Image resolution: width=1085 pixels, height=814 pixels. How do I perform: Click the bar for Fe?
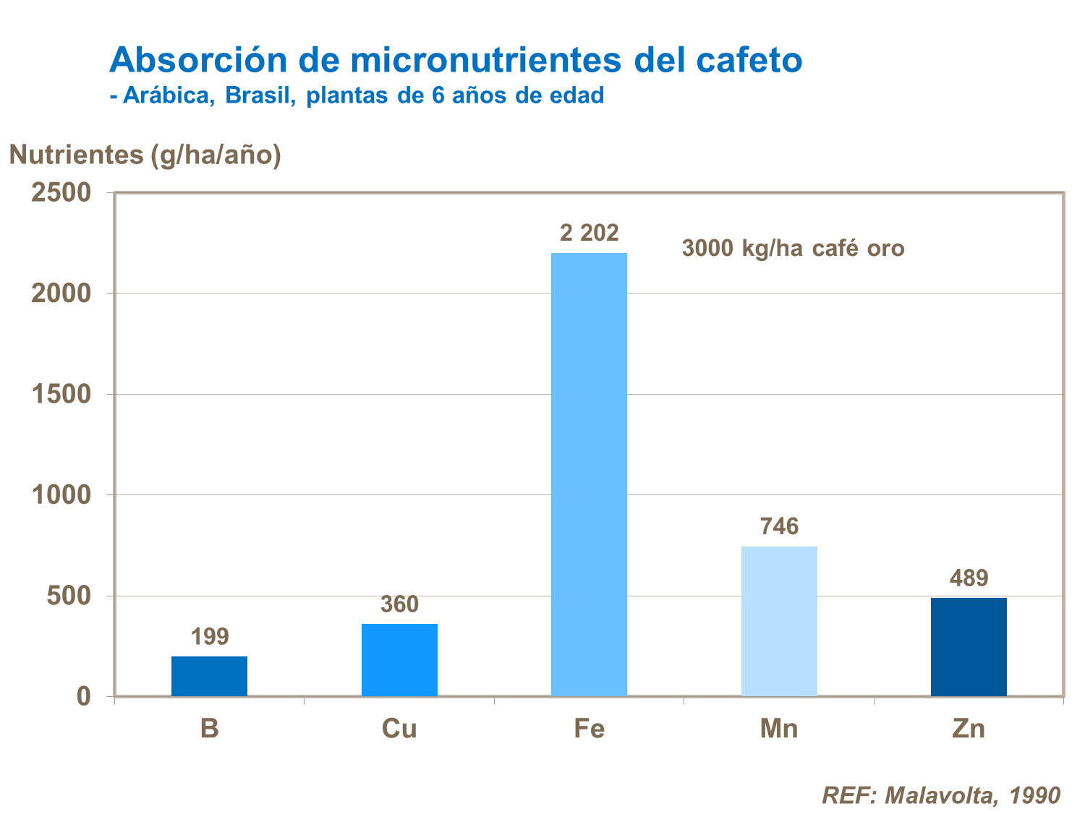tap(589, 474)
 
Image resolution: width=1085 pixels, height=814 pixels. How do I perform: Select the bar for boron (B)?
tap(209, 676)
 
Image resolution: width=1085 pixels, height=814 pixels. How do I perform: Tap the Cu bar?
tap(399, 659)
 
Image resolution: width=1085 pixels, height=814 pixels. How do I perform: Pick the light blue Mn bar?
tap(779, 621)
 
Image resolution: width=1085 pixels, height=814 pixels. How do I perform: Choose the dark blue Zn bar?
tap(969, 646)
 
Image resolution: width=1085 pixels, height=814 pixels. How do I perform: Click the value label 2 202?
tap(589, 233)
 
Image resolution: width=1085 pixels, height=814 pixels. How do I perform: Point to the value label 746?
tap(779, 526)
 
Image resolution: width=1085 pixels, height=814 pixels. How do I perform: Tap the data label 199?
tap(209, 637)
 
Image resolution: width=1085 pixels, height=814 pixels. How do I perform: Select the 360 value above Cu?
tap(399, 604)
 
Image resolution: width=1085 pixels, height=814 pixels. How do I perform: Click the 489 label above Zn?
tap(969, 578)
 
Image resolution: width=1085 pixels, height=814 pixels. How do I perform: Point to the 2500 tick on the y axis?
tap(61, 192)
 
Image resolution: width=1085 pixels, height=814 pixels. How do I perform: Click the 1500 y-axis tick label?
tap(61, 394)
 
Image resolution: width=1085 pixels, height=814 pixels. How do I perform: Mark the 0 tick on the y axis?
tap(84, 696)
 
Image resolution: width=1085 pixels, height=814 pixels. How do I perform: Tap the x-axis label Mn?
tap(779, 728)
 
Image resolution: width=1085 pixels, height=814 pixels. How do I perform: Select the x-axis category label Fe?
tap(589, 728)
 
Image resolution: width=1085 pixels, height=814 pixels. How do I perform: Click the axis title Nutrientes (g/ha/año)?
tap(145, 155)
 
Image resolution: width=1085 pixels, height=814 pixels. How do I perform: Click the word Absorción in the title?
tap(198, 60)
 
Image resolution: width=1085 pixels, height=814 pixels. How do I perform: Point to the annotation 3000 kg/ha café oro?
tap(793, 249)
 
